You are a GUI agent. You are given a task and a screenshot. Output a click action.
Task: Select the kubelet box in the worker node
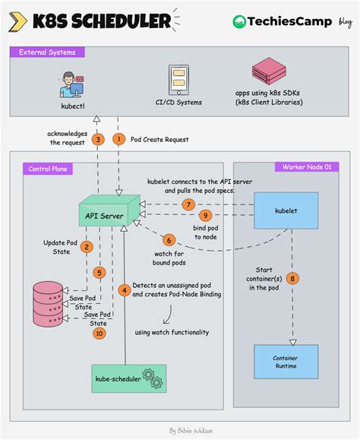click(x=286, y=209)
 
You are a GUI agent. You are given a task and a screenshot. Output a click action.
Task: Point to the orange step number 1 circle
click(x=118, y=139)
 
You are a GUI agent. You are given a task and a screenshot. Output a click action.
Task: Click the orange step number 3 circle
click(x=97, y=139)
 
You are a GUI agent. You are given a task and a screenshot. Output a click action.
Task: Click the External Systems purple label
click(x=47, y=52)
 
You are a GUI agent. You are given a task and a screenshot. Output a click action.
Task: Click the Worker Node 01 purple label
click(x=306, y=166)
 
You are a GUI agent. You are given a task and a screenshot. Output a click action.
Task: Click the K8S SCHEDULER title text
click(x=99, y=21)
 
